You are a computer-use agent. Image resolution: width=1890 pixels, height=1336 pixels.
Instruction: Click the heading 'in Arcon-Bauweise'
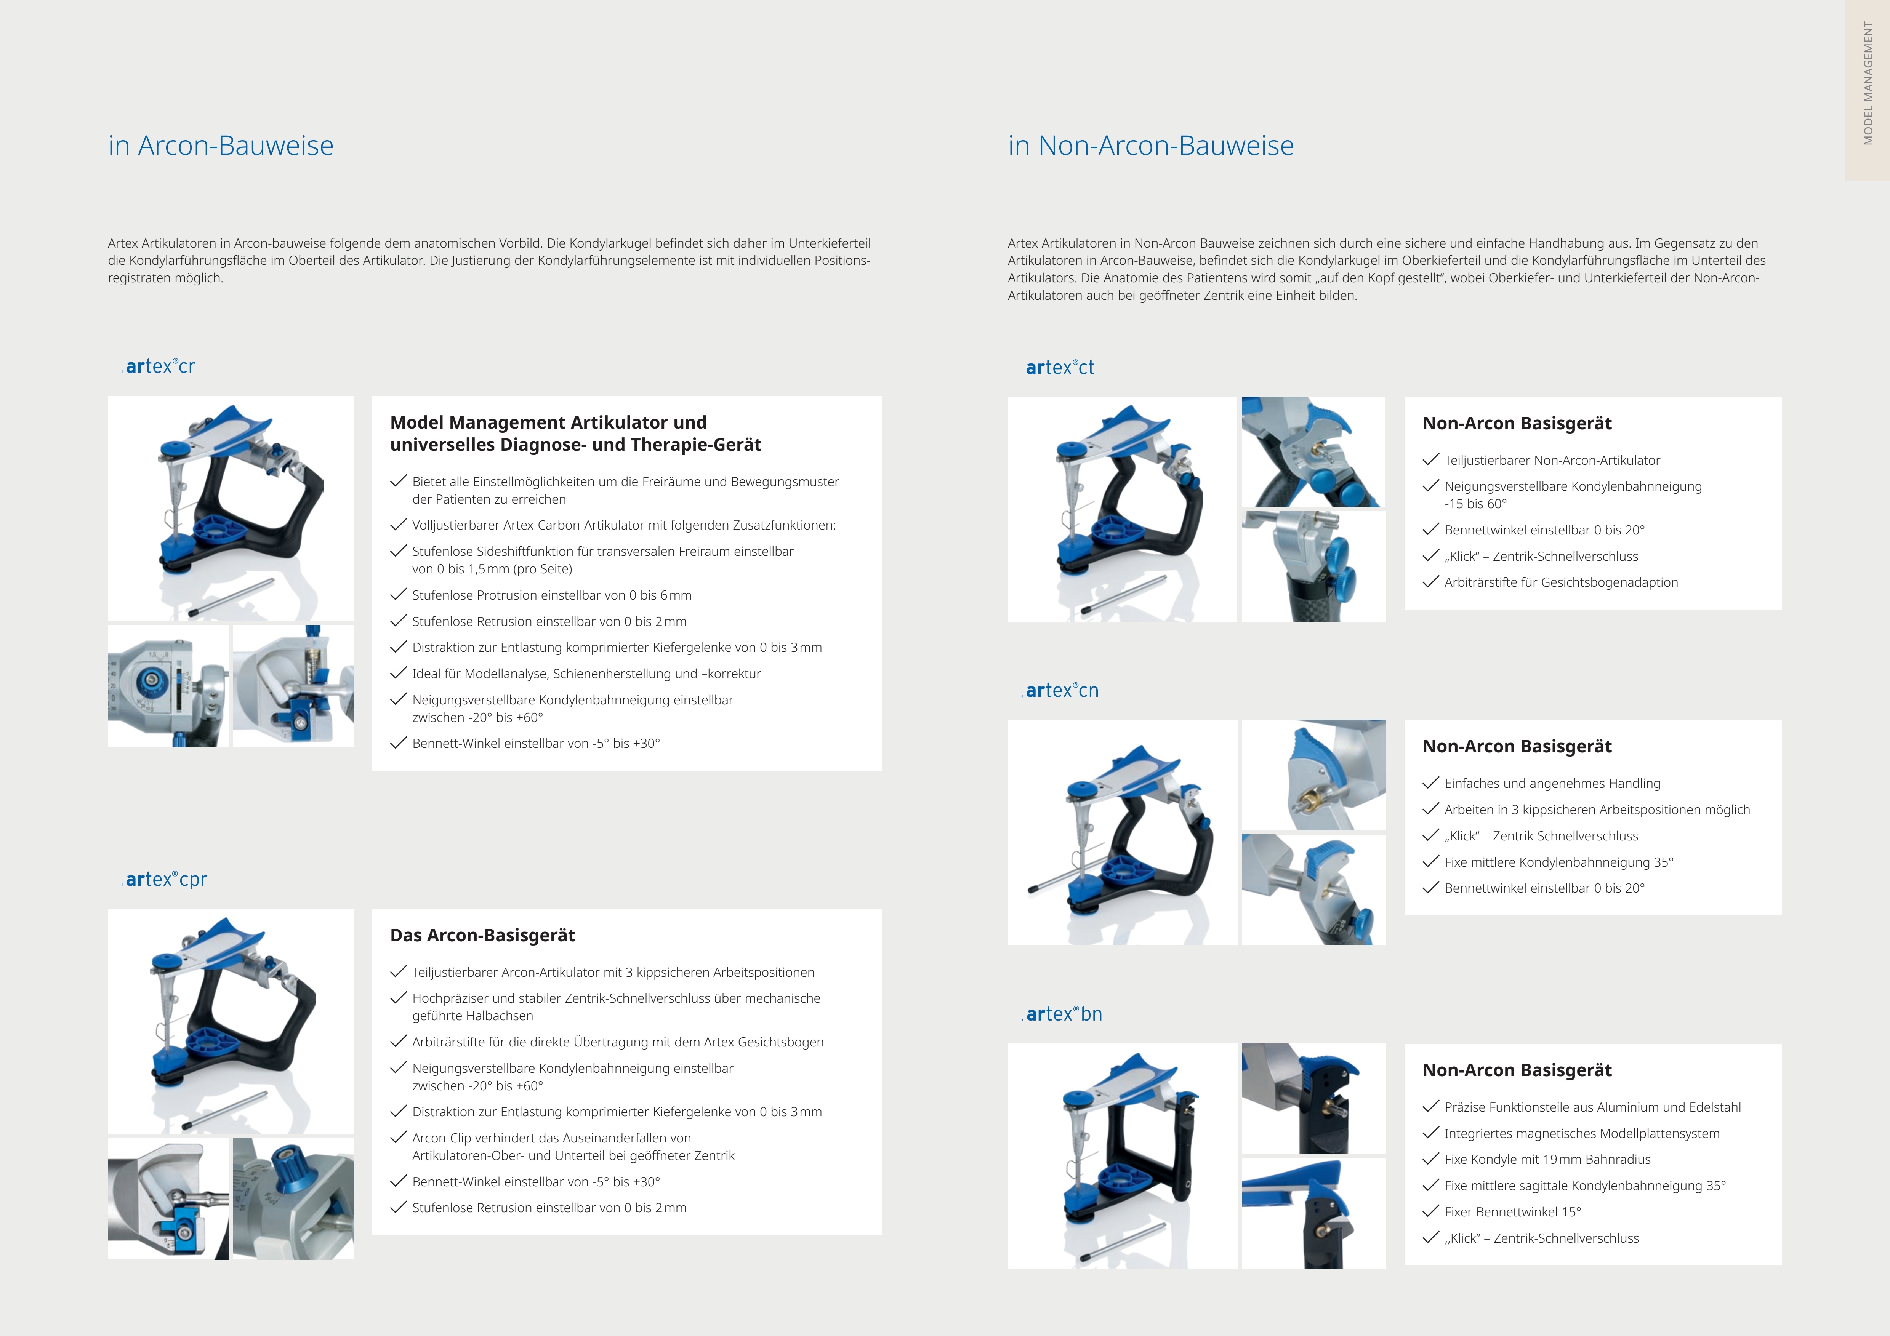(x=221, y=146)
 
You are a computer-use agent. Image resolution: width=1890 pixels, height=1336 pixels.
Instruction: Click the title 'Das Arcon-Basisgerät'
(x=482, y=935)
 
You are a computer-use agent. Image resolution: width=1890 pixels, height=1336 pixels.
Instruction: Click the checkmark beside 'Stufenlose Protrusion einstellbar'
(x=399, y=594)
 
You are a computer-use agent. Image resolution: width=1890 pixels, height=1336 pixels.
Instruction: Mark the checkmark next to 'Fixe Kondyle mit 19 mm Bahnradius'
(x=1431, y=1158)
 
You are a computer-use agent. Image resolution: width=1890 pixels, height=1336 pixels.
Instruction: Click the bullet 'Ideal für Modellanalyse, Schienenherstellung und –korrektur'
(x=586, y=674)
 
